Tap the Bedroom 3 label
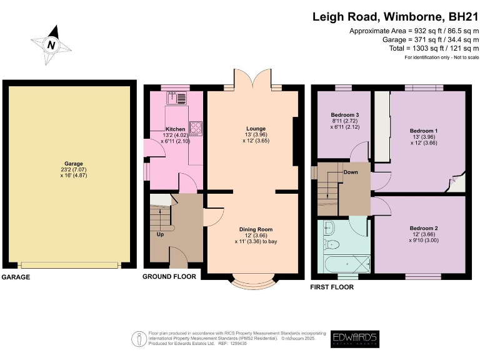click(344, 115)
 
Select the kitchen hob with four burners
click(196, 127)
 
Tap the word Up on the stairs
click(160, 234)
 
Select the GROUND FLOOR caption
click(169, 276)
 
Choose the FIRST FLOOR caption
click(332, 287)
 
